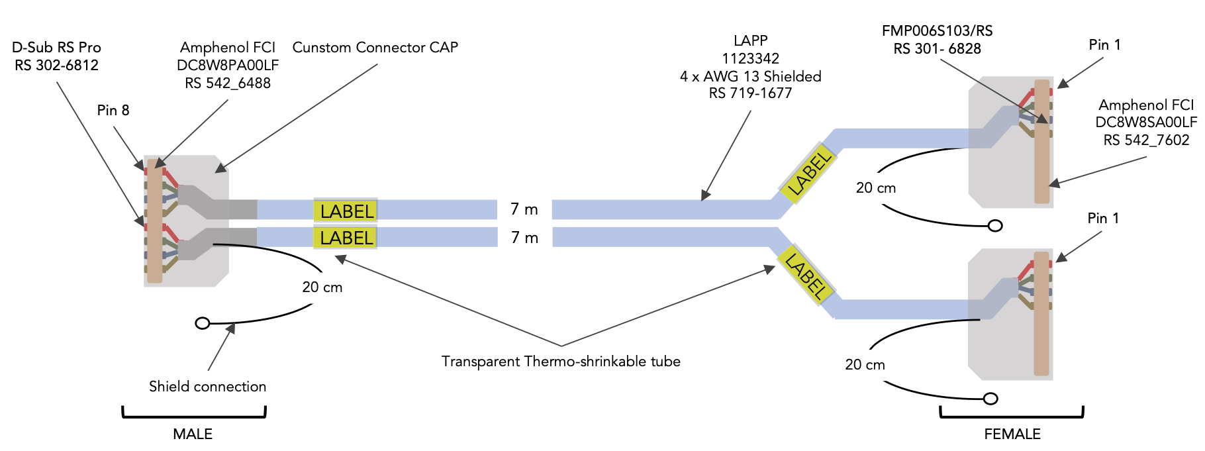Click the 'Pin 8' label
(113, 110)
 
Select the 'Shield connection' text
(207, 386)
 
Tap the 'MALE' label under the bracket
(193, 434)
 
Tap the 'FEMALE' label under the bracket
(1012, 434)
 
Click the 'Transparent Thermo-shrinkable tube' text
(561, 361)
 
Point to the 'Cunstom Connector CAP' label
(375, 47)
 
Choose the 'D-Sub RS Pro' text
(56, 47)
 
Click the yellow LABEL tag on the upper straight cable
(346, 211)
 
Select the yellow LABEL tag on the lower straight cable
(346, 238)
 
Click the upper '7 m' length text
(524, 209)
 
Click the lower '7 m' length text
(524, 238)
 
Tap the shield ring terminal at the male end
(203, 323)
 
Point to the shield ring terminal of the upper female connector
(995, 226)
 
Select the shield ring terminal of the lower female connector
(990, 399)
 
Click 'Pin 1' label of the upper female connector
(1104, 44)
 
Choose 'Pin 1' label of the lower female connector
(1103, 218)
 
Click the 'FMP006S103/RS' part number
(938, 30)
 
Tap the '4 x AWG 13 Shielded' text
(751, 76)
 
